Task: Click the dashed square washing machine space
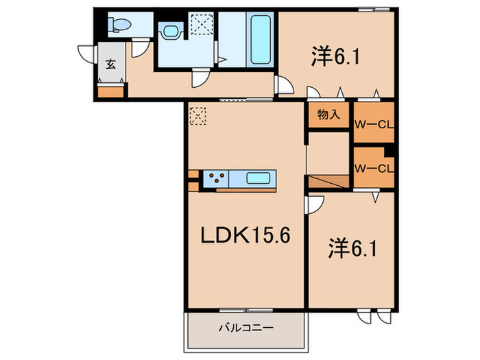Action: (202, 26)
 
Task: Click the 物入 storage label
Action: (328, 115)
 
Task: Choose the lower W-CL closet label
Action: (373, 168)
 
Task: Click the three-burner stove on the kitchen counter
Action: (218, 180)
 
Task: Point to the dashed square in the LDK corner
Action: (197, 115)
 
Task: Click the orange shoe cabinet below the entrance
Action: (111, 91)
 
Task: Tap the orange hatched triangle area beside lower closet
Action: (329, 182)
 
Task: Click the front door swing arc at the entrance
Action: (88, 55)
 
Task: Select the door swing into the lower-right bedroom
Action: (315, 204)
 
